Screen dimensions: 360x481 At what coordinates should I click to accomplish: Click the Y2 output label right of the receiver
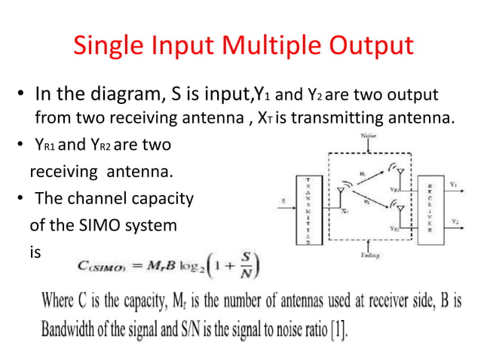click(455, 221)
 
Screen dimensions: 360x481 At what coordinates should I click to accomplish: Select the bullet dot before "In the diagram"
click(23, 97)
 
